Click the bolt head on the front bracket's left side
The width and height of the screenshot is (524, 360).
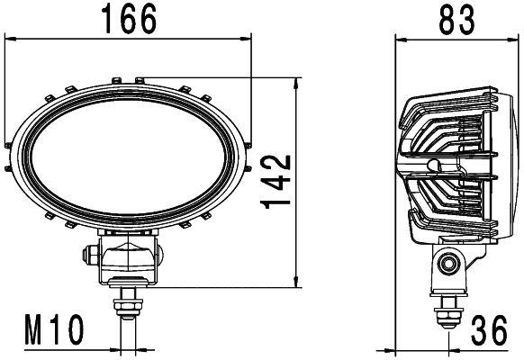tap(90, 256)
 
